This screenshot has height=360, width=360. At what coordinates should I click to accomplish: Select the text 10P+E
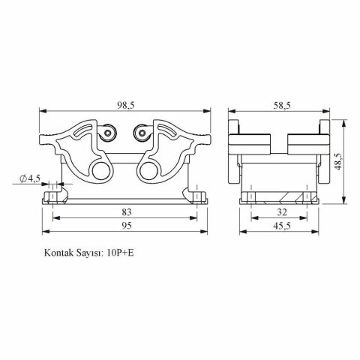point(120,253)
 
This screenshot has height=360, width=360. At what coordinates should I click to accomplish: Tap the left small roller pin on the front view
point(109,134)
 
